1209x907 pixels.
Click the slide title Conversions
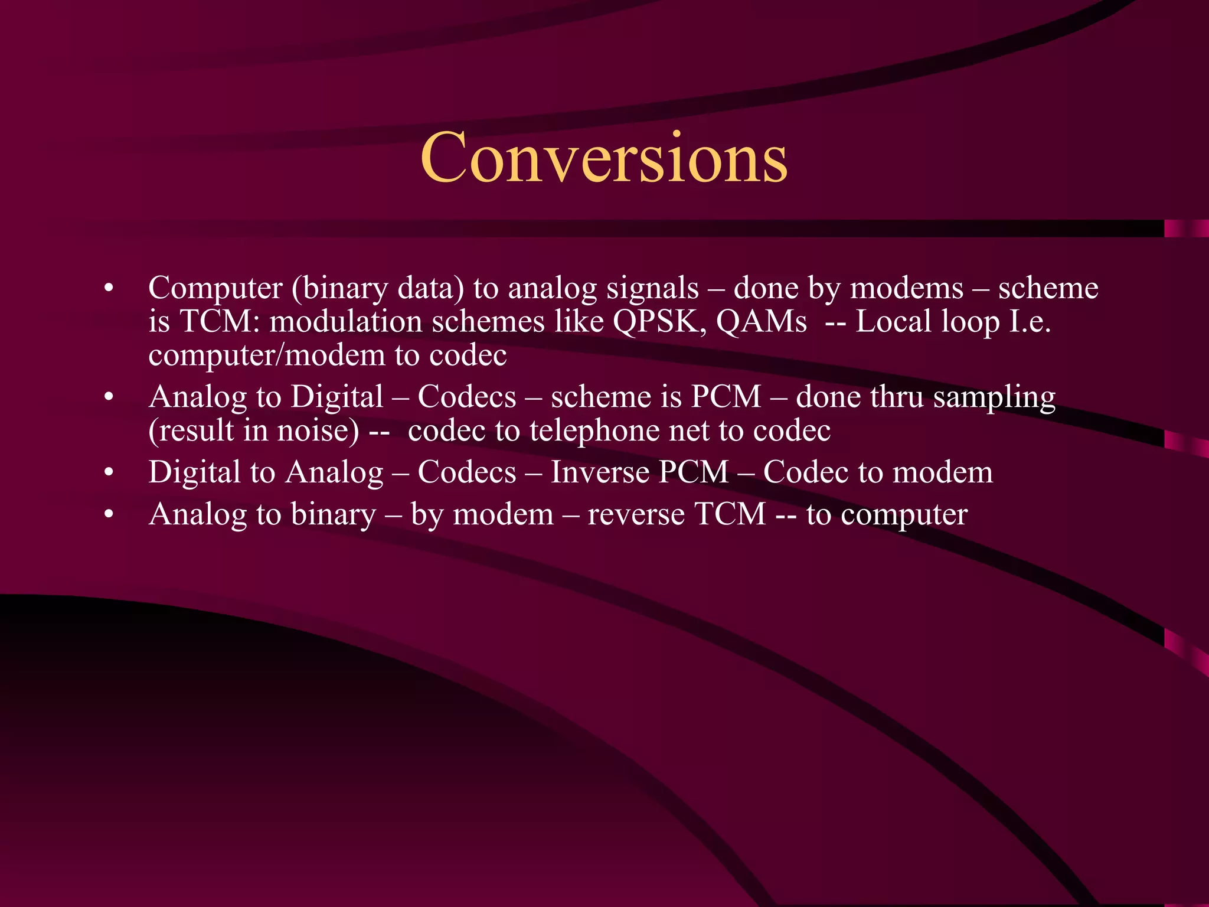pos(603,158)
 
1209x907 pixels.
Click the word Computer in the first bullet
pos(215,288)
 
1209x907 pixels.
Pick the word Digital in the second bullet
pos(337,396)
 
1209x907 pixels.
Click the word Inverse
pos(600,472)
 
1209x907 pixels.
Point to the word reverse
pos(636,514)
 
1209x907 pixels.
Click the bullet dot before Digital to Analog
pos(108,472)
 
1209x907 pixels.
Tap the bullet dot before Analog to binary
pos(108,514)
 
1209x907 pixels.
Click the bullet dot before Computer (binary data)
pos(108,288)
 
